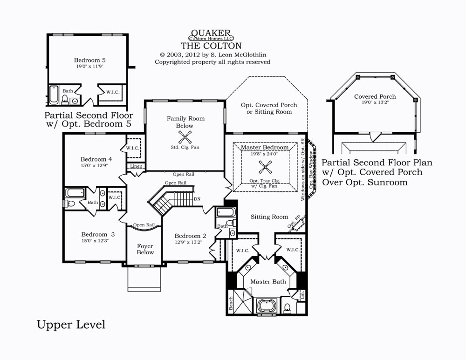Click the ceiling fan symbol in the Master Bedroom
click(265, 167)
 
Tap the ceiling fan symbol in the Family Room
click(185, 137)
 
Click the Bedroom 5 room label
click(90, 60)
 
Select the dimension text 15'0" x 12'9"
click(94, 165)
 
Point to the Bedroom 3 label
click(98, 234)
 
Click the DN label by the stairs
click(197, 199)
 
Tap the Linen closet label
click(137, 166)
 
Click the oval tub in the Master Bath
click(267, 306)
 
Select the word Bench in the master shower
click(231, 303)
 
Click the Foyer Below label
click(145, 249)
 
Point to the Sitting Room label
click(269, 217)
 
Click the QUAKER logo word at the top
click(211, 33)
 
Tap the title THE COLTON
click(211, 46)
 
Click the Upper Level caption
click(71, 325)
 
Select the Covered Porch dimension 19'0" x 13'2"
click(375, 102)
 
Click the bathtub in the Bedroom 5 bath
click(54, 95)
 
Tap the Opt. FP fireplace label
click(294, 221)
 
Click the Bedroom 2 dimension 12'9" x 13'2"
click(188, 242)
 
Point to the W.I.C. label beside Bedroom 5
click(113, 92)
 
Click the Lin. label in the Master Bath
click(302, 295)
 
